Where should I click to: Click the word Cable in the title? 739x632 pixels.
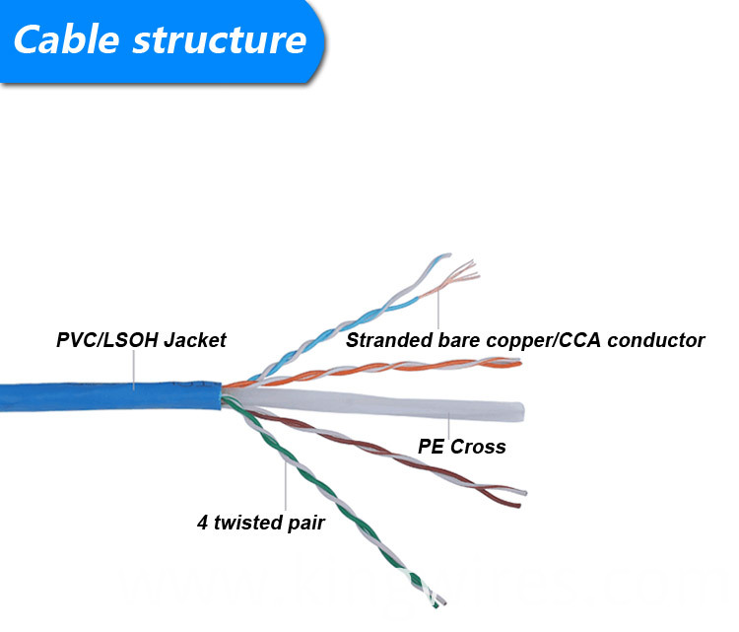tap(66, 39)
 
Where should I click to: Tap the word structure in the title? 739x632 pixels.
tap(220, 40)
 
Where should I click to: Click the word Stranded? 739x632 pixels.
tap(389, 340)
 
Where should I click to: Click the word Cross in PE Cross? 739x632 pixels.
tap(478, 447)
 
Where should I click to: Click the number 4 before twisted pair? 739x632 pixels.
tap(203, 523)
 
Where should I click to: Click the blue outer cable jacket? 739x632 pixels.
tap(110, 396)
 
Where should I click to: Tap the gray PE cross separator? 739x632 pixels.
tap(377, 403)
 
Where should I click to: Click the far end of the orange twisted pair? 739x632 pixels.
tap(519, 363)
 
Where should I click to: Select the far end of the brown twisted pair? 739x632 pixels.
tap(522, 499)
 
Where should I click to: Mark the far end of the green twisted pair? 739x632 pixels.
tap(440, 603)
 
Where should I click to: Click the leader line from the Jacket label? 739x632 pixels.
tap(134, 370)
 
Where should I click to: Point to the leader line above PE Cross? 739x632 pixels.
tap(448, 425)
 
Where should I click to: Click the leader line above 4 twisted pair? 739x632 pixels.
tap(286, 486)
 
